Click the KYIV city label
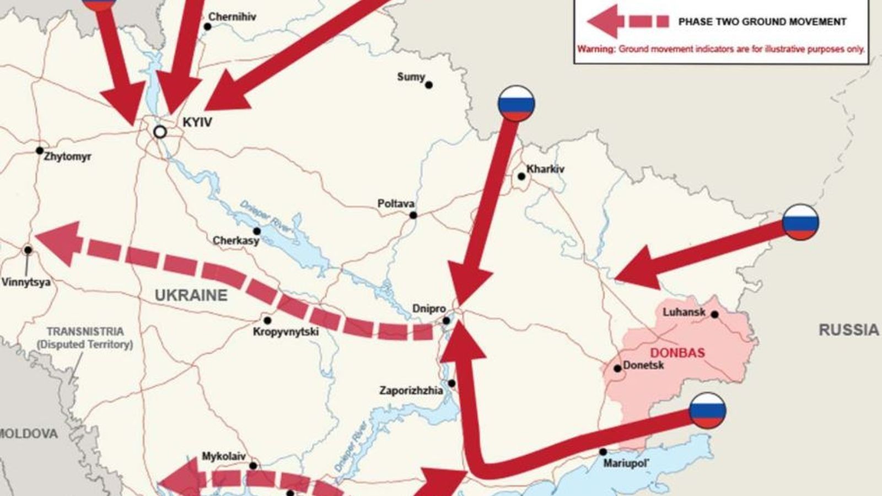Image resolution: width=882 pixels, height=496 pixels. pos(197,122)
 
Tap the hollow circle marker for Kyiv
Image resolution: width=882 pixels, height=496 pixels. pos(160,132)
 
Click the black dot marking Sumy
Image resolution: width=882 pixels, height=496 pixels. pos(429,85)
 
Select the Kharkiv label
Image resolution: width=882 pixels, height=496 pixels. pos(545,169)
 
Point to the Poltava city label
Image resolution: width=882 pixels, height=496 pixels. pos(396,204)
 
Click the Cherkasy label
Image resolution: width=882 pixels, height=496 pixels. pos(236,241)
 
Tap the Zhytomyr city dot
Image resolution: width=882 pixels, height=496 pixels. pos(40,150)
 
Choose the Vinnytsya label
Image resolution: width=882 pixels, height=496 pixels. pos(26,282)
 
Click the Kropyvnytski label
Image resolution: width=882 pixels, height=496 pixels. pos(286,332)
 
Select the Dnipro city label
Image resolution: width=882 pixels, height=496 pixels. pos(428,309)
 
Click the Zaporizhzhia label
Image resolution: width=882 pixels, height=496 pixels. pos(411,391)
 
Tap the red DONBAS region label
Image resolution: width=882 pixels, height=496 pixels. pos(677,353)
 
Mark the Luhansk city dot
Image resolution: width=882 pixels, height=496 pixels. pos(714,315)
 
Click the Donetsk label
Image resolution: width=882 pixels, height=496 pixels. pos(643,365)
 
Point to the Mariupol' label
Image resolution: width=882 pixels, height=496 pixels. pos(626,463)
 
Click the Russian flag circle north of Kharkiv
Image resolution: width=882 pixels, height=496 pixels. pos(516,103)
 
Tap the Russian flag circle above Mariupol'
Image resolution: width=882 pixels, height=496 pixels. pos(708,411)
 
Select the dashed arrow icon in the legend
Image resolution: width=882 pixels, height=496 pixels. pos(627,22)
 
